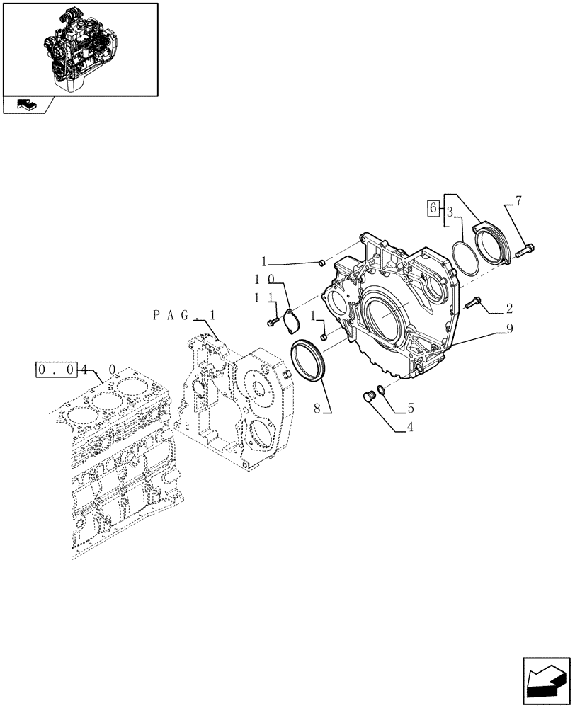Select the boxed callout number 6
(x=432, y=207)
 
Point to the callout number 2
(x=508, y=309)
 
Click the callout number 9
(x=508, y=329)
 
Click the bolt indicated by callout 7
(x=525, y=249)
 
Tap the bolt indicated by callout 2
(x=474, y=302)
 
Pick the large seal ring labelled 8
(x=309, y=360)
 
